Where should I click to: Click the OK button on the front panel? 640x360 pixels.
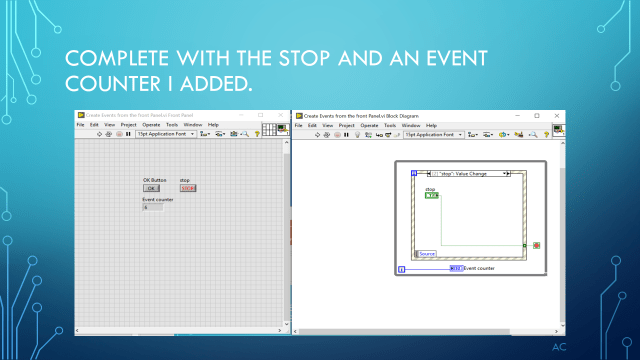point(151,188)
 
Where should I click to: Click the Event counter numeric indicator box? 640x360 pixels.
point(153,207)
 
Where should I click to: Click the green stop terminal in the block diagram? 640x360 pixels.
point(431,195)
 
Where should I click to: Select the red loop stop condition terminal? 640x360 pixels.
point(536,245)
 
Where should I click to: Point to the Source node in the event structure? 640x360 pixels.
point(427,254)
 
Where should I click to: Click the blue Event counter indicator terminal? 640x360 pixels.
point(455,268)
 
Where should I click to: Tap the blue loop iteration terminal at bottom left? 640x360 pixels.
point(401,268)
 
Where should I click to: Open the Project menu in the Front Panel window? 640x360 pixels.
point(129,125)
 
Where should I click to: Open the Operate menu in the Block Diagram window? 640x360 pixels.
point(370,125)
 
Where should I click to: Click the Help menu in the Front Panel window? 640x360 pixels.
point(213,125)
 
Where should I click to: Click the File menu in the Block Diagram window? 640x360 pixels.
point(298,125)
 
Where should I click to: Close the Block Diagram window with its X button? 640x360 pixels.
point(558,115)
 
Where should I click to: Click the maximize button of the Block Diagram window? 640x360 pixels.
point(537,115)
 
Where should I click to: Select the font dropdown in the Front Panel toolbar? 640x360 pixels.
point(160,134)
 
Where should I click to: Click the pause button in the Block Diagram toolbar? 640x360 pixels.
point(346,134)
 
